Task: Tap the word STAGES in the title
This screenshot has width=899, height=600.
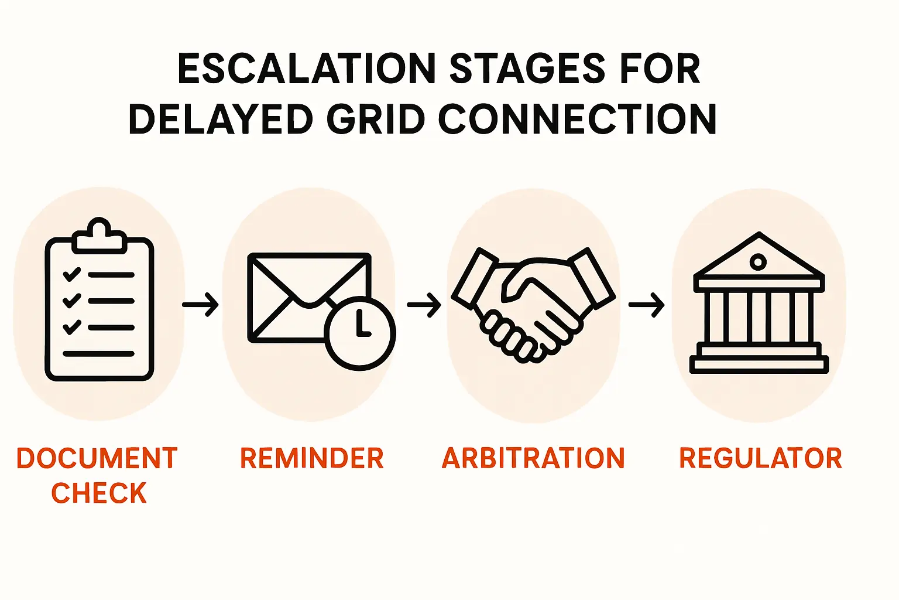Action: tap(527, 69)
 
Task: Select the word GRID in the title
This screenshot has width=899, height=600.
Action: tap(376, 119)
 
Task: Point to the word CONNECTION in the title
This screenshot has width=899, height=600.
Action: tap(577, 119)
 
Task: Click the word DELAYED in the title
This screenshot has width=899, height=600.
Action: tap(221, 119)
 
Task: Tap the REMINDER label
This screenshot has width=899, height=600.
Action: tap(312, 458)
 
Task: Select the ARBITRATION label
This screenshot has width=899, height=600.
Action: tap(533, 458)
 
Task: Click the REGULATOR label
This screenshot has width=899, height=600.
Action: tap(760, 458)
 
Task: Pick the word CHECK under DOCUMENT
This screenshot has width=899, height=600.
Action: tap(99, 493)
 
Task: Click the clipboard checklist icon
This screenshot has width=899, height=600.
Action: tap(99, 299)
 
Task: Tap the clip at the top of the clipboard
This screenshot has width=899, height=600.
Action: tap(99, 236)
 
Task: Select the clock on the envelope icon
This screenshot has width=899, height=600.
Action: tap(360, 333)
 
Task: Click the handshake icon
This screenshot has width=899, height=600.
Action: tap(533, 305)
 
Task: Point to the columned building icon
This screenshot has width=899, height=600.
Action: tap(759, 302)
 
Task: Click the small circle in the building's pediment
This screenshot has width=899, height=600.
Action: tap(758, 263)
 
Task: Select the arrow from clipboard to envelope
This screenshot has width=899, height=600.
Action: tap(200, 305)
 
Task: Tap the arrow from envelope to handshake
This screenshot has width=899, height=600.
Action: tap(424, 305)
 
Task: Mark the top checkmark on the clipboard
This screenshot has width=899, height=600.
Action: tap(72, 274)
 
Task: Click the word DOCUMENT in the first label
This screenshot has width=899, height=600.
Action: tap(97, 458)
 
